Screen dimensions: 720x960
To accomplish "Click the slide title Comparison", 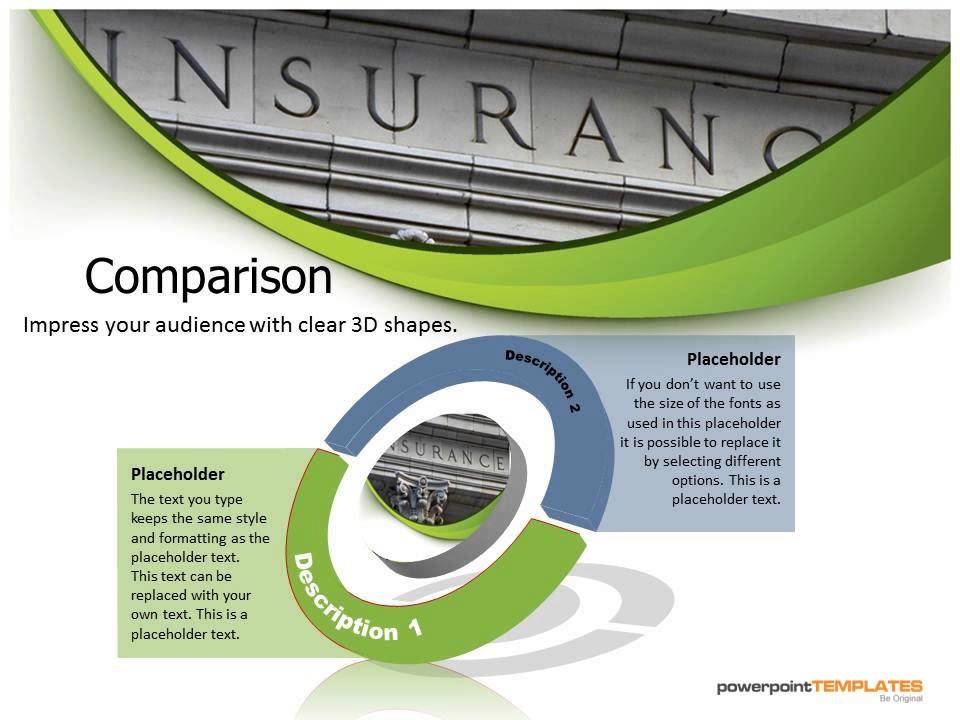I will [208, 277].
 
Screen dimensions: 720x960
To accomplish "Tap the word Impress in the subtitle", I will [57, 325].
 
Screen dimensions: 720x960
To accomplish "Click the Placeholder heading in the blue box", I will [732, 359].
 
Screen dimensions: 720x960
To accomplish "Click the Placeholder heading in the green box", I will [177, 474].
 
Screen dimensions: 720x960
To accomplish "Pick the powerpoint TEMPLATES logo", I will [819, 686].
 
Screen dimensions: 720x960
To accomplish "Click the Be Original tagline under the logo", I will [900, 699].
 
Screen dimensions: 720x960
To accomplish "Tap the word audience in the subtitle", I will [200, 325].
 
